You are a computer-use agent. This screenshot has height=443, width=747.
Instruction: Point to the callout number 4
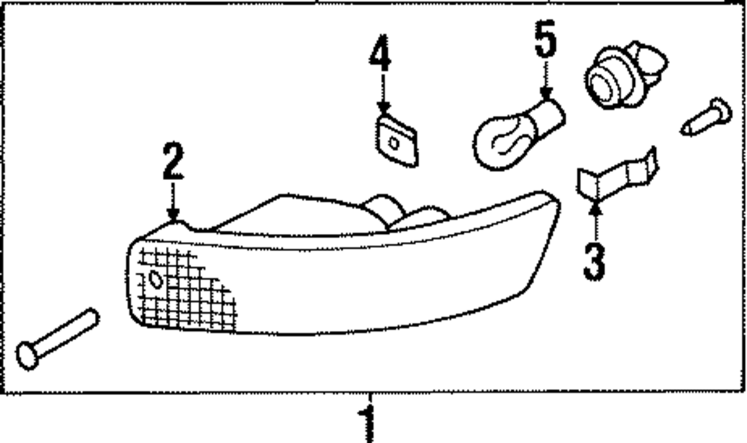click(380, 57)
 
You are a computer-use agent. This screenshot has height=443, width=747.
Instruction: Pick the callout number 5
click(546, 42)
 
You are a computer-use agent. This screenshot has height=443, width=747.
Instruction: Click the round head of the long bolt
click(28, 354)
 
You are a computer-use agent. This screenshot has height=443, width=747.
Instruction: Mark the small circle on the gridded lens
click(155, 280)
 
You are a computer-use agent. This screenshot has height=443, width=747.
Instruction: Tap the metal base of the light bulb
click(550, 117)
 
